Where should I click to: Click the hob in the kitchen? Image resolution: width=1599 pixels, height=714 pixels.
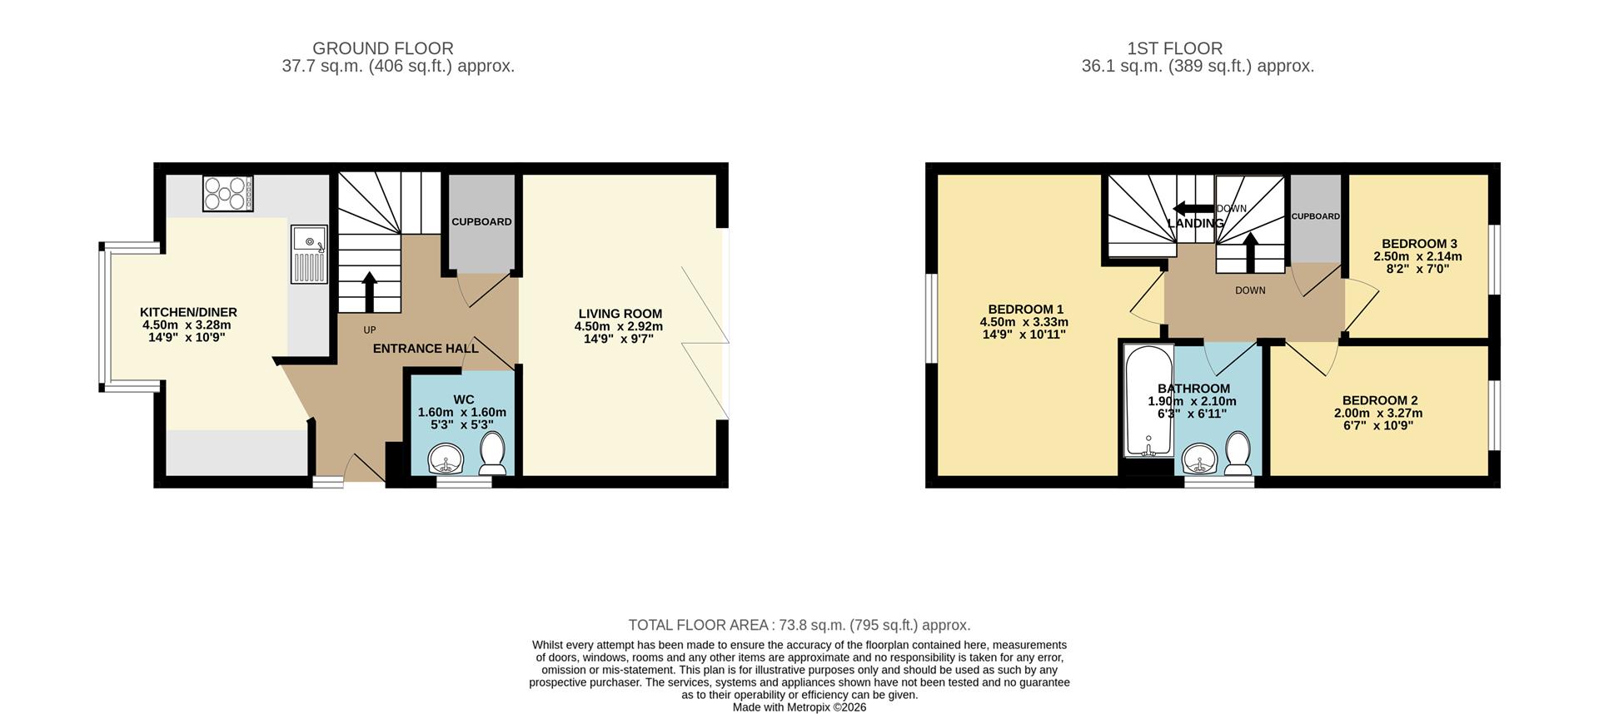tap(227, 193)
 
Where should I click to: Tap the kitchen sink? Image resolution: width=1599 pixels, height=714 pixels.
tap(310, 254)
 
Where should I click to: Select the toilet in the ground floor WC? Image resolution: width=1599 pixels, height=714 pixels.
tap(493, 452)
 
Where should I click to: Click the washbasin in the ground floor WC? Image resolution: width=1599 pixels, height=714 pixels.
tap(446, 458)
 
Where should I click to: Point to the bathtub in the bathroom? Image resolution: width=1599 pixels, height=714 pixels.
tap(1148, 400)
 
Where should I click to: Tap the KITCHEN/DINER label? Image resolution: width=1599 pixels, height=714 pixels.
tap(188, 312)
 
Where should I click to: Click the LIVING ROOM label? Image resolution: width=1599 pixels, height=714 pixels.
tap(620, 314)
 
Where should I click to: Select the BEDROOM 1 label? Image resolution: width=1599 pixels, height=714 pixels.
tap(1025, 309)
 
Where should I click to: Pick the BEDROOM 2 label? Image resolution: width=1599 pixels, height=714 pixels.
tap(1379, 400)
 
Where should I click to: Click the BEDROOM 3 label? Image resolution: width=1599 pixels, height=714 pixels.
tap(1419, 244)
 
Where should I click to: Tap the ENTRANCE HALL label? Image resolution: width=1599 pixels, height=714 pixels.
tap(426, 349)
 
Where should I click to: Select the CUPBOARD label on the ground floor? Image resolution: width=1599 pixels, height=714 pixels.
tap(481, 222)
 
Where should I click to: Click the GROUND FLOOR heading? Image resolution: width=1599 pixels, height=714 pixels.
tap(383, 48)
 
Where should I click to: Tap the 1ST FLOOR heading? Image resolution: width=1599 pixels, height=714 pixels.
tap(1174, 48)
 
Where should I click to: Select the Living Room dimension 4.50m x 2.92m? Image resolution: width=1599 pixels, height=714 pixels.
tap(618, 326)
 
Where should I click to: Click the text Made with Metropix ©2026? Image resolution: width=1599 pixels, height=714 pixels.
tap(799, 707)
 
